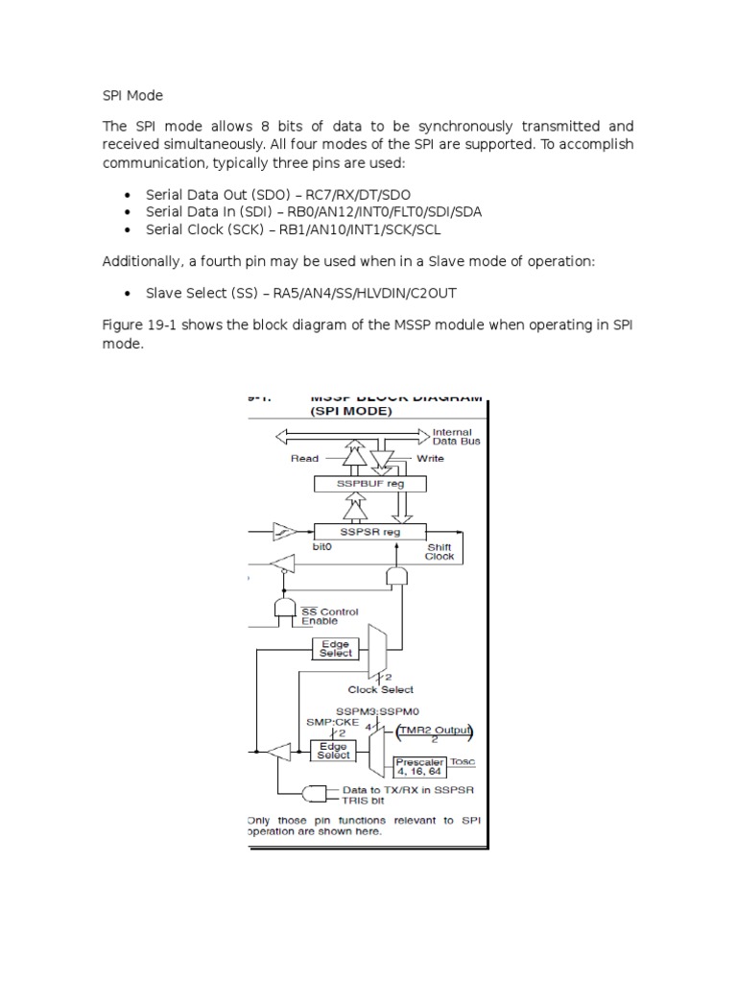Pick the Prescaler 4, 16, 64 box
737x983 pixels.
pos(421,765)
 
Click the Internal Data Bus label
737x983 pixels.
pos(458,437)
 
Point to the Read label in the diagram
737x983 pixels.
pos(304,459)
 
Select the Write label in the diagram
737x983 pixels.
pos(430,459)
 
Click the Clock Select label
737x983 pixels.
pos(381,689)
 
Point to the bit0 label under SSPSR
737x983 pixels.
pos(322,546)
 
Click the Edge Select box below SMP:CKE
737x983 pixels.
pos(334,750)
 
